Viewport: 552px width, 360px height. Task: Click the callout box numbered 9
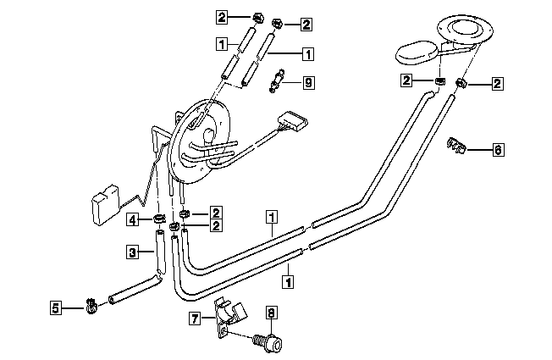308,83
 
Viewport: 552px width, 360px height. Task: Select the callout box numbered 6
498,150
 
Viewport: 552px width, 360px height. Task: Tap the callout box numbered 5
56,307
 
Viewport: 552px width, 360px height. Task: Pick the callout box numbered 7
195,318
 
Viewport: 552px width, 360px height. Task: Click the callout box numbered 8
271,312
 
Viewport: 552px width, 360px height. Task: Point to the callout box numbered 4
132,220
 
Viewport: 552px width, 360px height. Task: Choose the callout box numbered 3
132,252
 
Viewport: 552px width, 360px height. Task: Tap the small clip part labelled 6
457,146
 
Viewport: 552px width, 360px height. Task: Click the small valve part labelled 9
277,80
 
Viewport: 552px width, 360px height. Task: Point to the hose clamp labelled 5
91,306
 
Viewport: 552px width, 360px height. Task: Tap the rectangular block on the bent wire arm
106,204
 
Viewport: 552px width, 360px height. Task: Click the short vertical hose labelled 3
160,252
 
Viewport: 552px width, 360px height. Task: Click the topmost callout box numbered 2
222,17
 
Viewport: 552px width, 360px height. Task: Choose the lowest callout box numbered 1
288,282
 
